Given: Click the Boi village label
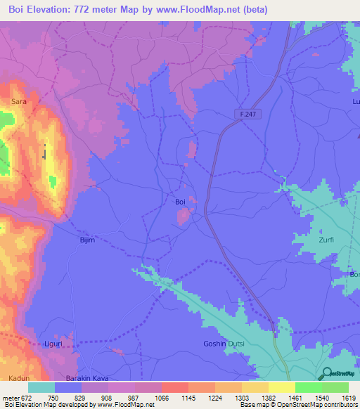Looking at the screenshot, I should click(x=180, y=202).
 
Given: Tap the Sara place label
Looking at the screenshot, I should click(x=19, y=102).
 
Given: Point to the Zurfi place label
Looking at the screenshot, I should click(x=326, y=240).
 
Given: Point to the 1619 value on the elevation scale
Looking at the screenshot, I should click(x=347, y=397).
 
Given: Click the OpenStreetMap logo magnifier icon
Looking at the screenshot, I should click(x=327, y=372).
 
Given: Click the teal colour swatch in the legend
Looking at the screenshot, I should click(x=41, y=387).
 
